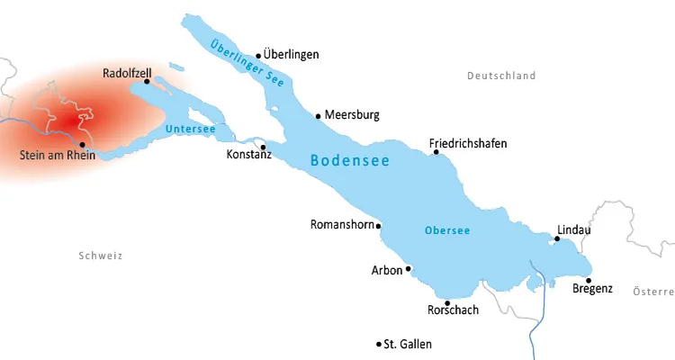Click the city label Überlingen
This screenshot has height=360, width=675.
pyautogui.click(x=292, y=55)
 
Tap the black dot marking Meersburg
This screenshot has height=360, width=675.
pyautogui.click(x=318, y=115)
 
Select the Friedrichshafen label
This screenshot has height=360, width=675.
pyautogui.click(x=468, y=143)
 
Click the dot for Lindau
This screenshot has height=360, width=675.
pyautogui.click(x=557, y=238)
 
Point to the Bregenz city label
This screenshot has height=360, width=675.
pyautogui.click(x=592, y=289)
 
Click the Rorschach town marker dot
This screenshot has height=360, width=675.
pyautogui.click(x=447, y=302)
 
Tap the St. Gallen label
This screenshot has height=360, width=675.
pyautogui.click(x=408, y=344)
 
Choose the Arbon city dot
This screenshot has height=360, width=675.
pyautogui.click(x=408, y=268)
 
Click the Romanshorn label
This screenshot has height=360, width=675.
pyautogui.click(x=341, y=224)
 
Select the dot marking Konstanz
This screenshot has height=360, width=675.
pyautogui.click(x=263, y=147)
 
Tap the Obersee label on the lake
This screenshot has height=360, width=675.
pyautogui.click(x=447, y=230)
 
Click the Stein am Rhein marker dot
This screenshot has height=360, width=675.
pyautogui.click(x=82, y=144)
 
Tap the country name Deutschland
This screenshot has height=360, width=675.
pyautogui.click(x=501, y=76)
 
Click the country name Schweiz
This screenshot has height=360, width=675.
pyautogui.click(x=100, y=256)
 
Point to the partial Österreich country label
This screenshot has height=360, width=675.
pyautogui.click(x=653, y=291)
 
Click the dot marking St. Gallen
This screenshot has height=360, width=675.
pyautogui.click(x=378, y=344)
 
